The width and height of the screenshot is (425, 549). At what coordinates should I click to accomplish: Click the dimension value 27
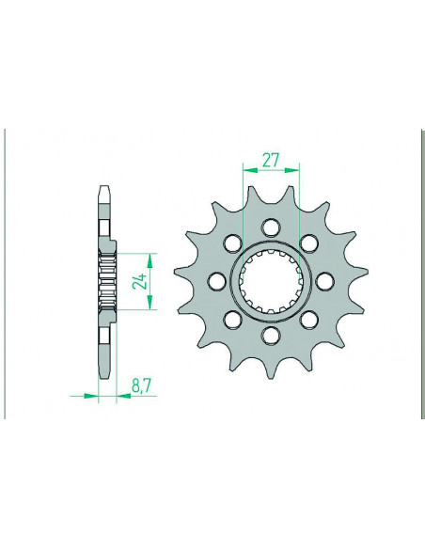tap(271, 161)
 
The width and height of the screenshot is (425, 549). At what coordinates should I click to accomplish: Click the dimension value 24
tap(139, 281)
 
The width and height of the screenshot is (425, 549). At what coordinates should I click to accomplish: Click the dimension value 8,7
tap(141, 386)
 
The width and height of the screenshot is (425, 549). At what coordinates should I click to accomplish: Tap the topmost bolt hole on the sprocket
tap(271, 227)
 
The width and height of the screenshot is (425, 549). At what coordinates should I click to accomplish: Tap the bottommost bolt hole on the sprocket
tap(271, 335)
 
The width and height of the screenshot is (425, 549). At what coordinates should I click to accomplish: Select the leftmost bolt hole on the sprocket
tap(217, 280)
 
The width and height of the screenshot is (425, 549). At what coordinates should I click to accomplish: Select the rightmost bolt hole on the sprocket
tap(325, 280)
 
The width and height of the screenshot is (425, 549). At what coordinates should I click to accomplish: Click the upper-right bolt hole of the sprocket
tap(309, 243)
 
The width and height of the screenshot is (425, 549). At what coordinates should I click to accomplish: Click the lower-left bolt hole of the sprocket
tap(233, 319)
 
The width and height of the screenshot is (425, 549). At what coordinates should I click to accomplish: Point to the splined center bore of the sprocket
tap(271, 280)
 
